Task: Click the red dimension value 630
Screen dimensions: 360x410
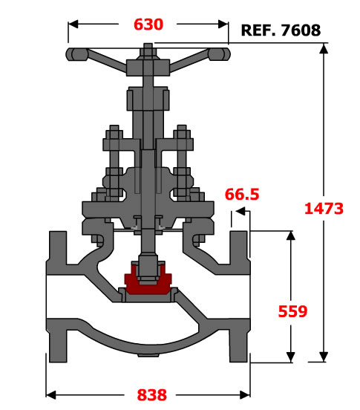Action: tap(148, 25)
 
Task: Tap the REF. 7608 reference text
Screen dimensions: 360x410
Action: tap(281, 30)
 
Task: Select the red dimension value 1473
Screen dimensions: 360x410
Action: tap(324, 209)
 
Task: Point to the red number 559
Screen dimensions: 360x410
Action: tap(292, 311)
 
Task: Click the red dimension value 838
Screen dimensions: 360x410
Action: tap(151, 395)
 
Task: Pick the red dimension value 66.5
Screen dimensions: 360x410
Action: tap(242, 195)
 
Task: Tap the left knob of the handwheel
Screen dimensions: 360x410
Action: tap(76, 54)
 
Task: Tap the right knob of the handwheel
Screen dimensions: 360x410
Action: tap(219, 54)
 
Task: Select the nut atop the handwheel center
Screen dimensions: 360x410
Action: tap(148, 51)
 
